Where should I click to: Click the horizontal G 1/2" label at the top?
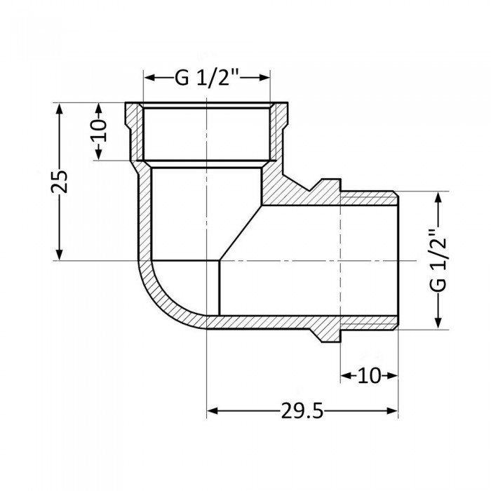pyautogui.click(x=207, y=78)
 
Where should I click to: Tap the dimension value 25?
pyautogui.click(x=61, y=182)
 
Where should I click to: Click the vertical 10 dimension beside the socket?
pyautogui.click(x=99, y=132)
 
